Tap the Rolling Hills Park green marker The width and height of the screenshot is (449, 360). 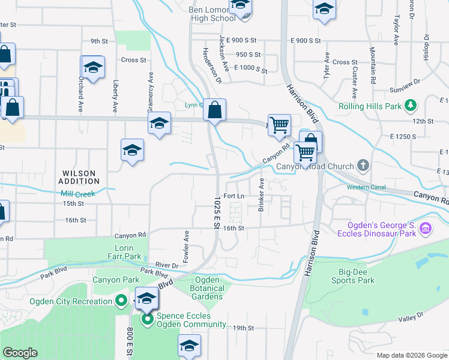(x=411, y=106)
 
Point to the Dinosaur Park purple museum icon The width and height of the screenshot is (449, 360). (x=425, y=228)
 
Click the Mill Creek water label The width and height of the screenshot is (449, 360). (x=78, y=194)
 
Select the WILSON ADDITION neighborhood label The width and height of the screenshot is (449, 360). (x=80, y=177)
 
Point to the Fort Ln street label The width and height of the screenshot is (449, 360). (x=234, y=196)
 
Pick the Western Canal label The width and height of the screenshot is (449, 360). (x=366, y=187)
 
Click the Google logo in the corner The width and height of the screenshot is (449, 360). (x=20, y=353)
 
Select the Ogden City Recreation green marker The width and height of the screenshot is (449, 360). (x=121, y=301)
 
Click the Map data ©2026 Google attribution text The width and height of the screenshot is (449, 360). (x=412, y=355)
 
